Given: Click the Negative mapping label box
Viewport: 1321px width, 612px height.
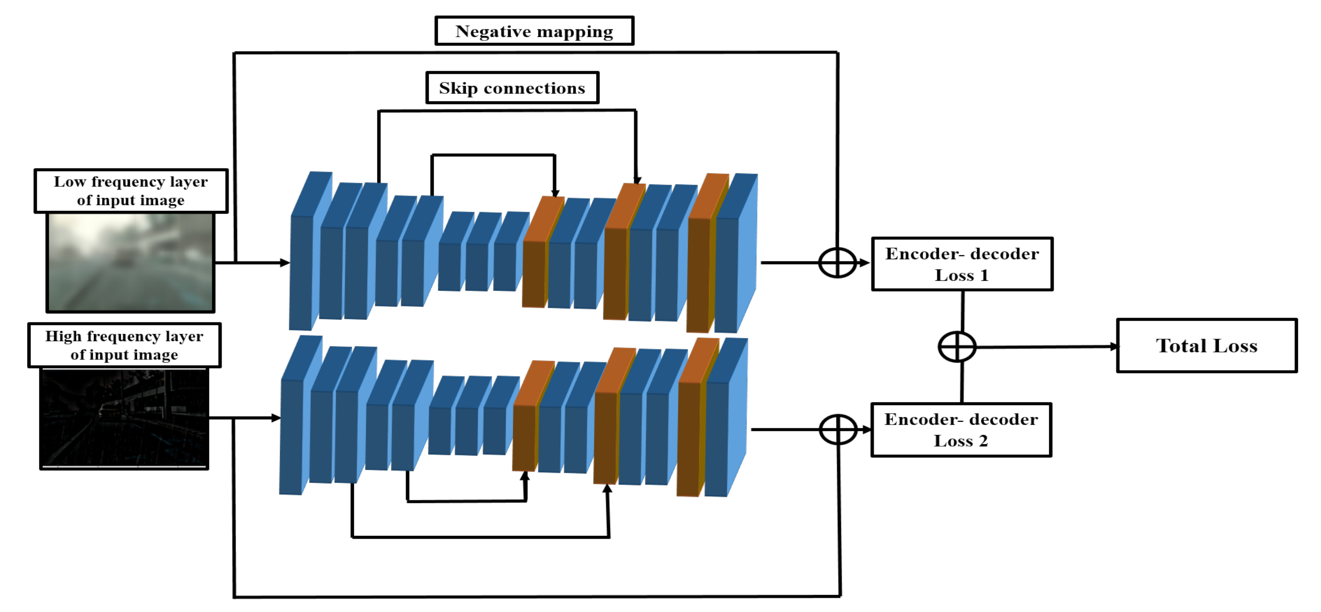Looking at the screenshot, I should click(534, 31).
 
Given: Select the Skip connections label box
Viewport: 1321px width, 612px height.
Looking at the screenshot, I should click(512, 88).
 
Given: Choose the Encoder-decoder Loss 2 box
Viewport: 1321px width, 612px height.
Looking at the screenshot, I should click(961, 430).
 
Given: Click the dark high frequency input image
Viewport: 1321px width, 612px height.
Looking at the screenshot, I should click(124, 418).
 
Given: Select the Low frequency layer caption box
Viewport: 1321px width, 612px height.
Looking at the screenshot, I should click(131, 191).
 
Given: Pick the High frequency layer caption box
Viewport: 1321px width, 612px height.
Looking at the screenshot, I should click(124, 345).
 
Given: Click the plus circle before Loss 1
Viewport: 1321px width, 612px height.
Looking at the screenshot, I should click(837, 263).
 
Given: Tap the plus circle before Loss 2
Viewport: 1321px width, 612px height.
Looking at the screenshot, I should click(838, 430).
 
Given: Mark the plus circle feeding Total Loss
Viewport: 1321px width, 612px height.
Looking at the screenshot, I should click(956, 347).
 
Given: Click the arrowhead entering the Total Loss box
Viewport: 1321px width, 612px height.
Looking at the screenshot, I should click(1114, 347).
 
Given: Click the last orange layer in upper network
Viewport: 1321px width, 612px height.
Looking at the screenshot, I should click(699, 274).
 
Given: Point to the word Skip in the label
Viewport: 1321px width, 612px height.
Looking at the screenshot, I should click(458, 88).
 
